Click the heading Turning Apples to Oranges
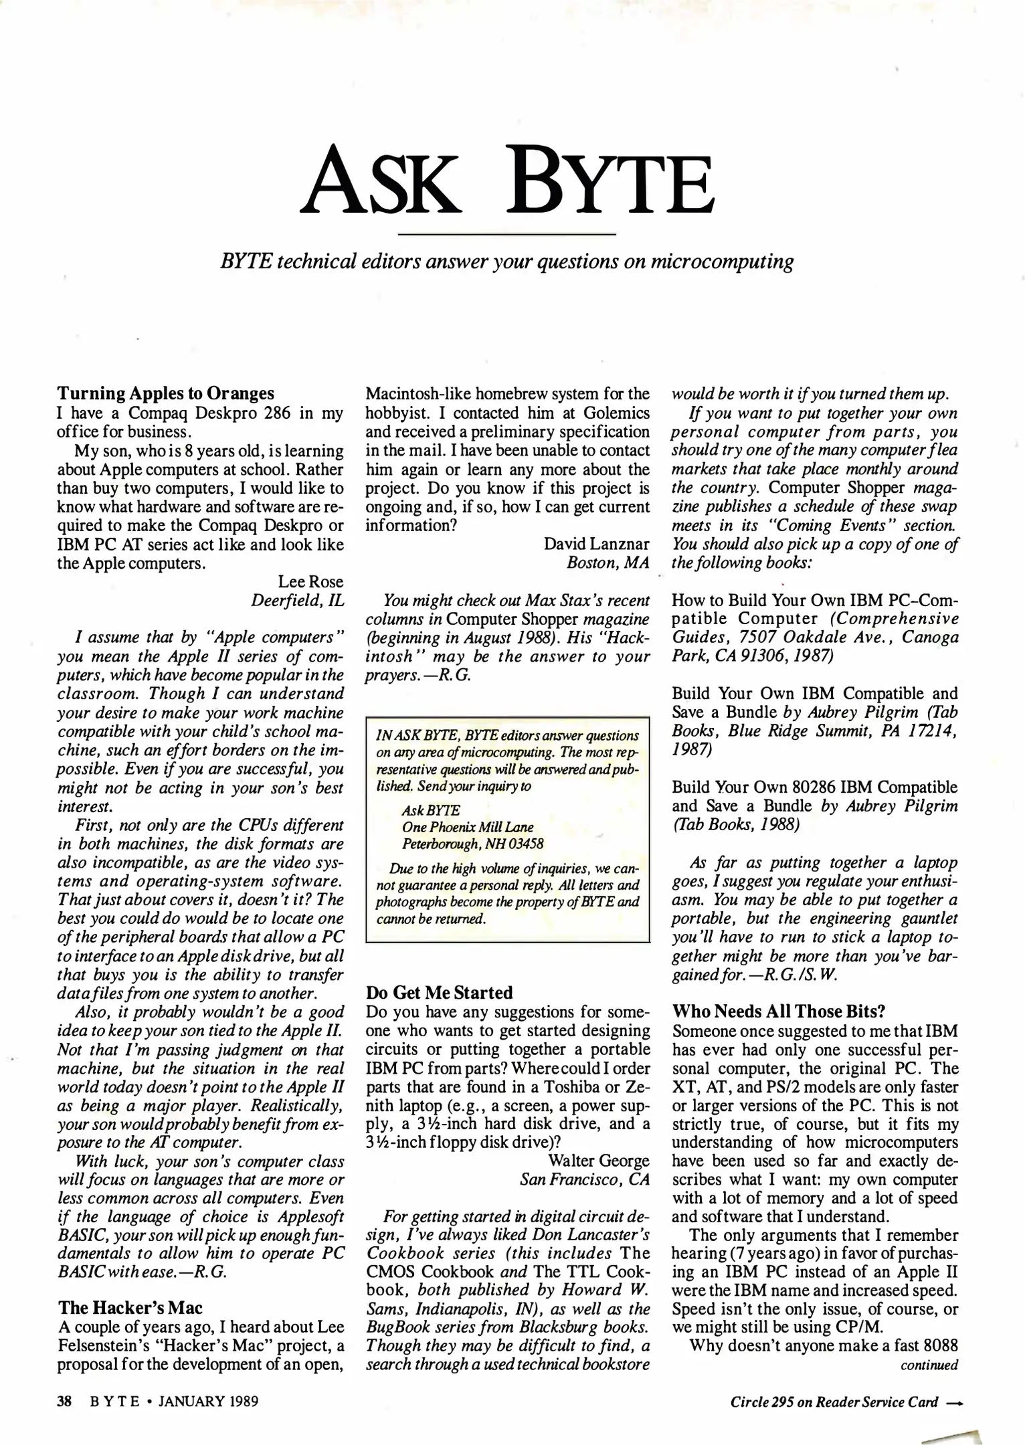click(165, 393)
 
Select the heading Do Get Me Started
click(440, 992)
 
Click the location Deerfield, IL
click(297, 600)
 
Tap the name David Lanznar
click(597, 544)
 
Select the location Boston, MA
click(608, 563)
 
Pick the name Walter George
click(599, 1161)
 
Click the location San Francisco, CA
click(585, 1179)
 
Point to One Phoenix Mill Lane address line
click(468, 828)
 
